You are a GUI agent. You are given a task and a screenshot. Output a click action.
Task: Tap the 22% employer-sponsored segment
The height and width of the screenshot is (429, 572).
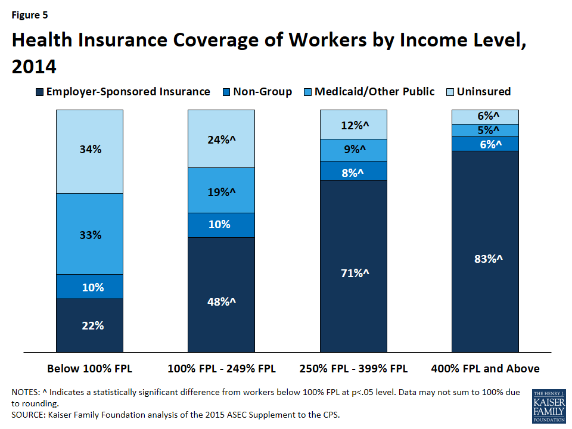coord(89,325)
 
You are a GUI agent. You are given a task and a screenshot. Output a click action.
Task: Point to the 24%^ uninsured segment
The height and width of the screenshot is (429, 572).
coord(221,139)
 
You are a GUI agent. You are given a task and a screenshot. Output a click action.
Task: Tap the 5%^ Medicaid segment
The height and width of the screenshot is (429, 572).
coord(485,130)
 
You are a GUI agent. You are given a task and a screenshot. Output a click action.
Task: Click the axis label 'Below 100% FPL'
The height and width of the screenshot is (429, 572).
coord(89,369)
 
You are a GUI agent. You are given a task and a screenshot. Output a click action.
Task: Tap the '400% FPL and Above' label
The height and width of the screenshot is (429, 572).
coord(485,369)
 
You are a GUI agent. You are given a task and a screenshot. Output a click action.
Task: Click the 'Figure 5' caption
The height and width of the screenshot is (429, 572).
coord(30,15)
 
